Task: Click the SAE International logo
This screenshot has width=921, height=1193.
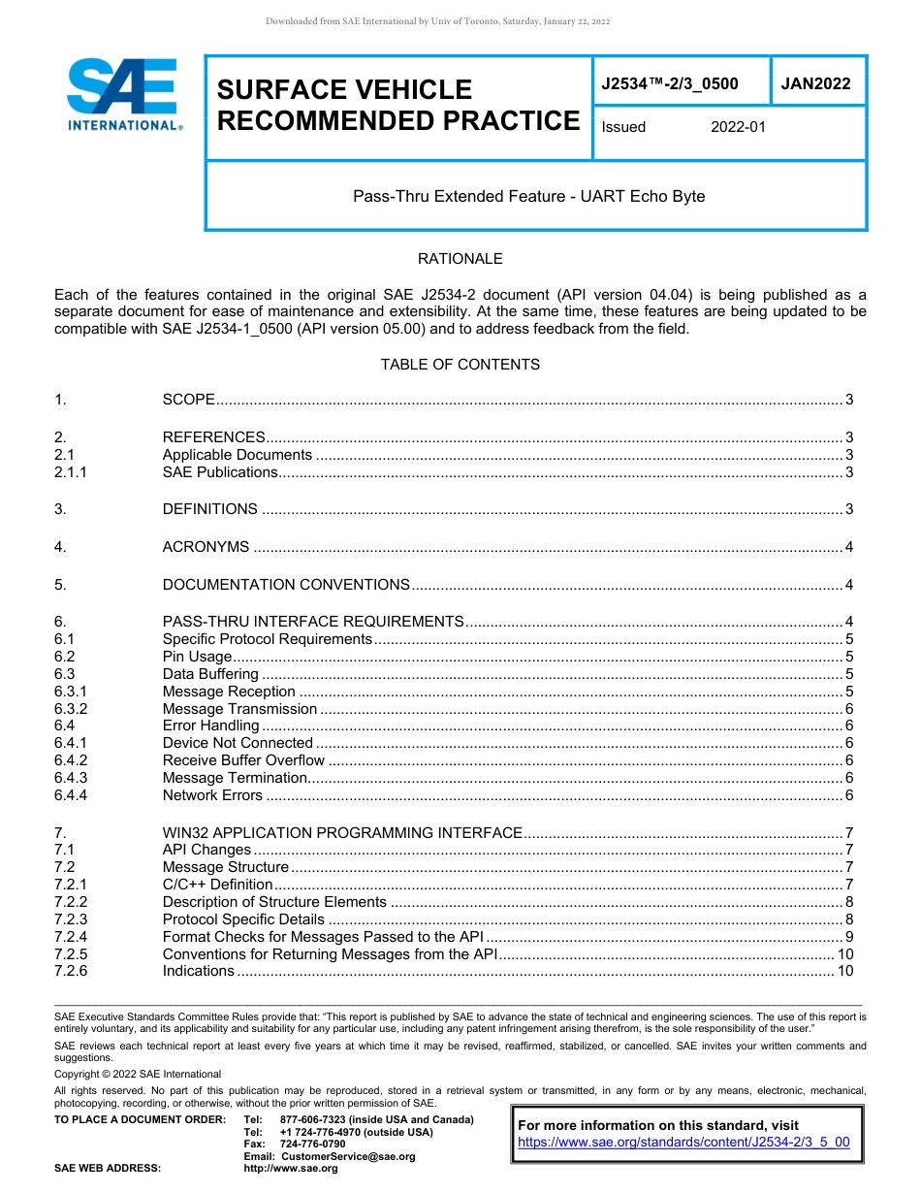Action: (123, 95)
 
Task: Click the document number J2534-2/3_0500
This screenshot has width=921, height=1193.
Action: (669, 83)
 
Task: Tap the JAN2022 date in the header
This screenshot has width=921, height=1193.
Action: (815, 83)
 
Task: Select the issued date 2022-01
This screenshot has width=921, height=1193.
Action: (738, 127)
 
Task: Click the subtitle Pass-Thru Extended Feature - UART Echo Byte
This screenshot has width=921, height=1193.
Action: (528, 196)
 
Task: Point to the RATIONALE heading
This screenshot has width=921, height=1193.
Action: (460, 259)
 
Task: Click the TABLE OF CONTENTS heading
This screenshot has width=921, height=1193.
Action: (460, 365)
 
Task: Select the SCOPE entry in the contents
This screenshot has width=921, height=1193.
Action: (188, 400)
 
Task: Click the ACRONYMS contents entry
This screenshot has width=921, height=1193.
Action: (206, 547)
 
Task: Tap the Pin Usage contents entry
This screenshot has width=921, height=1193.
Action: (197, 657)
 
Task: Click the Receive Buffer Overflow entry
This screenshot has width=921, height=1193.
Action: (243, 760)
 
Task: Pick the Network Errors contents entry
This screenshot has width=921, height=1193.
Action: (212, 795)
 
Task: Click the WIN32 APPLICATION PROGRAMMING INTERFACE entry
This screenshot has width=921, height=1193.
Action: (342, 832)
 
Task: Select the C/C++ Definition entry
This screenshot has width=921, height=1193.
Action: (217, 885)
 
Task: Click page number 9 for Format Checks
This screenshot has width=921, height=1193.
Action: (848, 937)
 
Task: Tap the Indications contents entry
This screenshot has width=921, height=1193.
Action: (198, 971)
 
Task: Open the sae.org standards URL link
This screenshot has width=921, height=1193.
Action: (683, 1142)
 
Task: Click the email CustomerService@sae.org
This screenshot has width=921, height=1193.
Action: (347, 1156)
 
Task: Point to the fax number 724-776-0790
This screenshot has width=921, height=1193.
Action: (312, 1145)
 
